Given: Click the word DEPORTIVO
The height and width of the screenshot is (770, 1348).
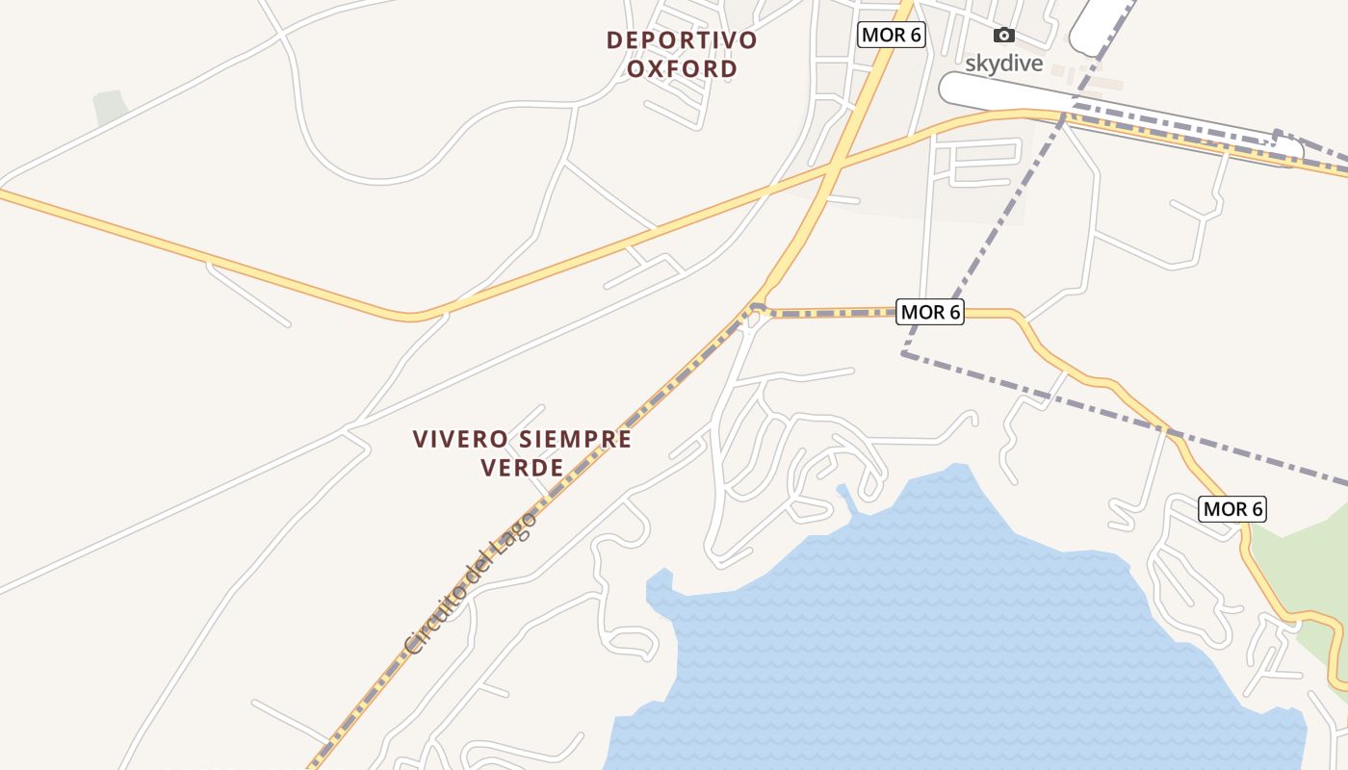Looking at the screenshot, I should pyautogui.click(x=682, y=40).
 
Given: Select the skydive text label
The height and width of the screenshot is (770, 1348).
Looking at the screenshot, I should pyautogui.click(x=1004, y=64).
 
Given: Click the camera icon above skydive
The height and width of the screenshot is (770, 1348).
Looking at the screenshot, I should pyautogui.click(x=1004, y=36).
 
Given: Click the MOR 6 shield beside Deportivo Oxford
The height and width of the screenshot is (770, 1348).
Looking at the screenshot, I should pyautogui.click(x=891, y=36).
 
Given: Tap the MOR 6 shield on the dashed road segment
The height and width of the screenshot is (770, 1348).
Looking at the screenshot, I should pyautogui.click(x=930, y=312).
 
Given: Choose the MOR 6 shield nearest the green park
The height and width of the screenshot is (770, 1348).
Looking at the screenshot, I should pyautogui.click(x=1231, y=509).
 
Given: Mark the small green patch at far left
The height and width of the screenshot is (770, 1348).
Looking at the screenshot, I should pyautogui.click(x=111, y=107).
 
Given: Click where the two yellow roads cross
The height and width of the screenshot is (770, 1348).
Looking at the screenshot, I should pyautogui.click(x=831, y=170).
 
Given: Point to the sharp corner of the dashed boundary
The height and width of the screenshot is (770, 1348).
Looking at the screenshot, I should pyautogui.click(x=904, y=353).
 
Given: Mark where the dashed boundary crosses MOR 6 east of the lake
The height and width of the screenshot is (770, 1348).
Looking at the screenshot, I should pyautogui.click(x=1172, y=433).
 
